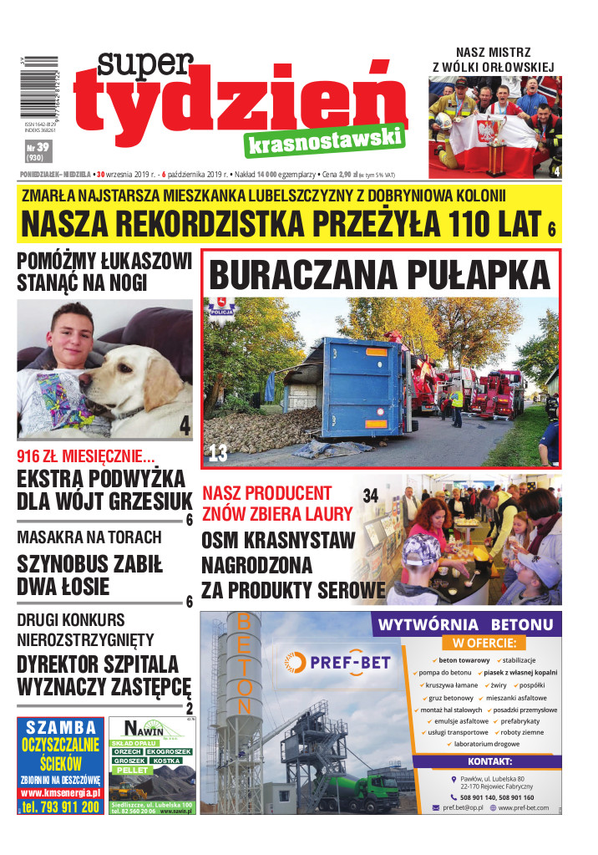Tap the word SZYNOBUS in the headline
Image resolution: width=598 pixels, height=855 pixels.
point(59,563)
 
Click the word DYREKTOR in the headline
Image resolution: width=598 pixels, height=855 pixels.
point(65,664)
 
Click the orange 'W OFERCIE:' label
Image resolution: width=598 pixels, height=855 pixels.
point(484,644)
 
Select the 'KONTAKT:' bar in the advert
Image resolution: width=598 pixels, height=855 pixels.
point(495,761)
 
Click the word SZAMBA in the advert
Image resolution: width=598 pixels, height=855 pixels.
point(61,726)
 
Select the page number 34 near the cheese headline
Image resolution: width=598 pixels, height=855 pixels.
point(371,495)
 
